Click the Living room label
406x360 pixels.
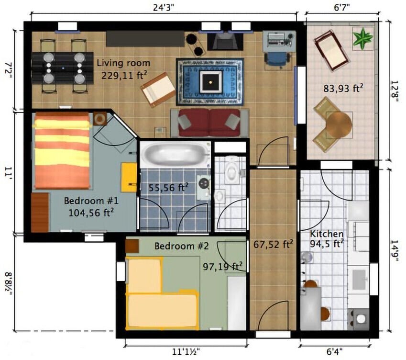click(123, 63)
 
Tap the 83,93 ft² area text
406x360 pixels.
click(343, 88)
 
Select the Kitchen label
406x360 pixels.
click(327, 234)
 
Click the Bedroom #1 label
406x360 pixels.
click(88, 200)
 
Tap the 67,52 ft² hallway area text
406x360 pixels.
click(273, 245)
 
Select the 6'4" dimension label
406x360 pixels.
click(335, 352)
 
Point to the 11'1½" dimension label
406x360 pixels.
click(186, 352)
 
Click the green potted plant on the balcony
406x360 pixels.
click(362, 38)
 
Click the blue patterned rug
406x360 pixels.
click(210, 82)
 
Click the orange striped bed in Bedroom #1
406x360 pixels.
click(62, 150)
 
